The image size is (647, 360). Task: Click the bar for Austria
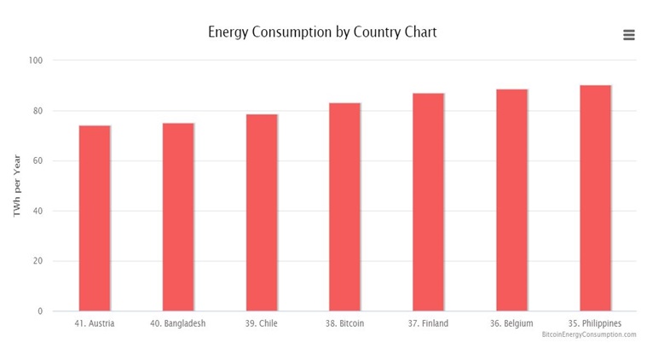click(95, 218)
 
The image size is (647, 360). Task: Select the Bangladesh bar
click(178, 218)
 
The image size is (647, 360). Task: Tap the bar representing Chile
click(262, 213)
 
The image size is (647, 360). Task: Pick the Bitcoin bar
click(345, 207)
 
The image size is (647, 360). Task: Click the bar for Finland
click(428, 202)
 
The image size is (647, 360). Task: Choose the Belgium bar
click(511, 200)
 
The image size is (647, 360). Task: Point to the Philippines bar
click(595, 198)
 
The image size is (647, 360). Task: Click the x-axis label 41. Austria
click(95, 323)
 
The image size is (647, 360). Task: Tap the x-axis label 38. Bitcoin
click(345, 323)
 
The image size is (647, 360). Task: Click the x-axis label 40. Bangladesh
click(178, 323)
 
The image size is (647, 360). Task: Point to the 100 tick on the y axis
click(35, 61)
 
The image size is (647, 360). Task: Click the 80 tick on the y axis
click(37, 111)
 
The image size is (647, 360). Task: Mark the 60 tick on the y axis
click(37, 161)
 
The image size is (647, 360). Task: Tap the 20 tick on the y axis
click(37, 261)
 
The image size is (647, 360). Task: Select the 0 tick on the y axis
click(39, 311)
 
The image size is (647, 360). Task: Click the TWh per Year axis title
click(16, 186)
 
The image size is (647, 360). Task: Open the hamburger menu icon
click(629, 35)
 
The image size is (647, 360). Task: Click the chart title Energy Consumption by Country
click(322, 32)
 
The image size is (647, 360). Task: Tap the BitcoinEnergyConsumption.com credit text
click(588, 334)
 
